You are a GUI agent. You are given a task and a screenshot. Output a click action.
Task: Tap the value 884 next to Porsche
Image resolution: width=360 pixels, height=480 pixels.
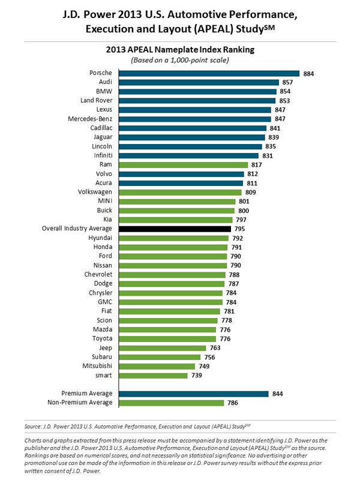click(310, 73)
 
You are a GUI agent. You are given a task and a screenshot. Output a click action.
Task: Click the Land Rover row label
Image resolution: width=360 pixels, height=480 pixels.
click(96, 101)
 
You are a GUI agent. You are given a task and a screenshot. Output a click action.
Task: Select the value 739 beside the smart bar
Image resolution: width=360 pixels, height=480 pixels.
click(197, 375)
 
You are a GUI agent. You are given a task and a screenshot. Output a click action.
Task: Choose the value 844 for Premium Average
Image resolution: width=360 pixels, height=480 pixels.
click(277, 394)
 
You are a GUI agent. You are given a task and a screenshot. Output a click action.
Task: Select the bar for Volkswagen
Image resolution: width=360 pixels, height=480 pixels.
click(179, 192)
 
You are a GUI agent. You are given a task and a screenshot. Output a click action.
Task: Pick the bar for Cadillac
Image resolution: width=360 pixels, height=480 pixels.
click(192, 128)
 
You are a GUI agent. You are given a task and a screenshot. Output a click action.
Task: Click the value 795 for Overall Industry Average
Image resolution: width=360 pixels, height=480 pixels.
click(241, 229)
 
